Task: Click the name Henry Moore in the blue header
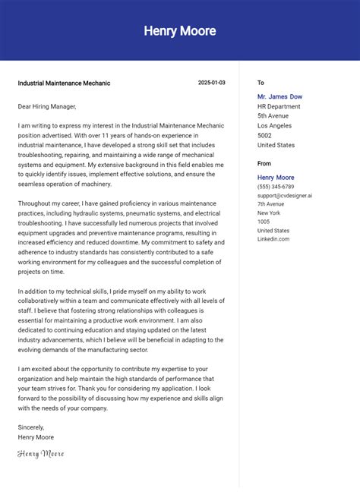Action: point(180,31)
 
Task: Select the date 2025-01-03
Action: point(211,83)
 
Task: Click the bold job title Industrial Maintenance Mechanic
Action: point(64,83)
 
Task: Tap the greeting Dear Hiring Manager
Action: point(47,106)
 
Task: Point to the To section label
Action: point(261,83)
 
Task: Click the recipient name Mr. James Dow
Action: point(279,96)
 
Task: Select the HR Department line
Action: point(279,106)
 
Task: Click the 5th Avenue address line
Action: point(273,116)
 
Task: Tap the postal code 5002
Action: point(265,136)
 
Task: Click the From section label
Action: point(264,163)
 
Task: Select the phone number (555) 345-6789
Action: point(276,187)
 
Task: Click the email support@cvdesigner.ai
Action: point(284,196)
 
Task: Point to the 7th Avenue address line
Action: point(270,204)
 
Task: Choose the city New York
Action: point(269,213)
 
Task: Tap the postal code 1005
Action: point(264,222)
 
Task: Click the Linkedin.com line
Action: point(273,239)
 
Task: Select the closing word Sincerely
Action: point(31,427)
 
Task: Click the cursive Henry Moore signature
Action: point(41,454)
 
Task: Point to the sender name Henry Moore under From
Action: point(276,178)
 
